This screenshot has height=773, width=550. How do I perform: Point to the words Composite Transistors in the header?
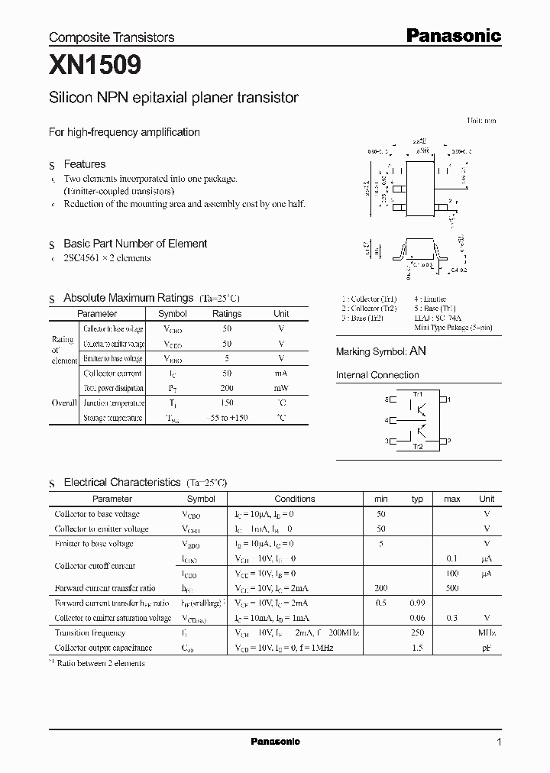(112, 37)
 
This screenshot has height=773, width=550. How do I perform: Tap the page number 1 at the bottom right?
(499, 742)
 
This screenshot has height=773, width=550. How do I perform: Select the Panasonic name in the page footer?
(275, 742)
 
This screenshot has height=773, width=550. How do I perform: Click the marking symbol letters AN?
(418, 351)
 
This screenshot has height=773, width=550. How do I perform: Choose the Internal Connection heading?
(377, 375)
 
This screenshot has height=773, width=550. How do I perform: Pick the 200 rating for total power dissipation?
(226, 388)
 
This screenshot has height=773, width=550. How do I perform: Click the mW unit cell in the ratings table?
(281, 388)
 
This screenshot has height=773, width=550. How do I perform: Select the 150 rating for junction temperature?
(226, 403)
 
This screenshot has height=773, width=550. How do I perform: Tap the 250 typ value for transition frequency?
(417, 632)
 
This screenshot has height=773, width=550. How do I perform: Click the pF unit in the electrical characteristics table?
(487, 648)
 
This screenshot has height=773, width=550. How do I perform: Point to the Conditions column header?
(294, 499)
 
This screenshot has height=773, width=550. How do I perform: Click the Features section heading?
(84, 164)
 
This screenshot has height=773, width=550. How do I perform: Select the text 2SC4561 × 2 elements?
(107, 258)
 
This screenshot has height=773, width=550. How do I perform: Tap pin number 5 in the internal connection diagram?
(387, 399)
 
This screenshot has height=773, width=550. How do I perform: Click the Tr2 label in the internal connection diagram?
(417, 446)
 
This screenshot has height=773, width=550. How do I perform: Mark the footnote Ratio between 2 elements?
(100, 663)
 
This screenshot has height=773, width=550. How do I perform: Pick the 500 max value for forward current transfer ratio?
(451, 588)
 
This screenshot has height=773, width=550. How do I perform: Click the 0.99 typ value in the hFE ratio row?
(417, 603)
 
